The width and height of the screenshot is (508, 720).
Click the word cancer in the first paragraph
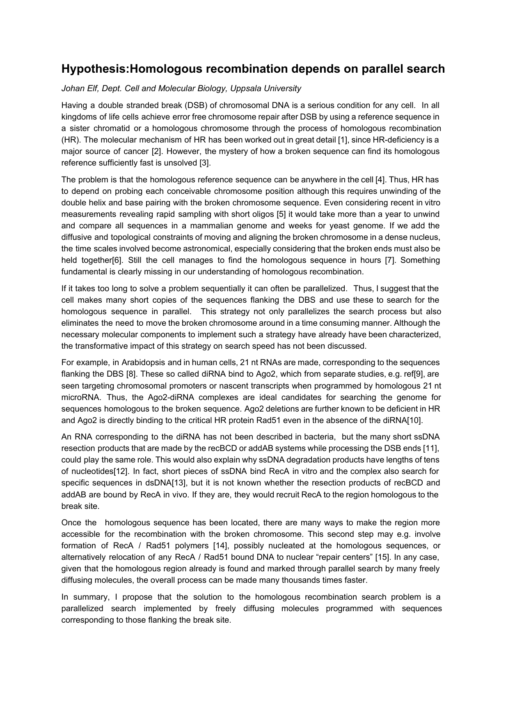click(136, 151)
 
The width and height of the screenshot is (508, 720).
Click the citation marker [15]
click(384, 557)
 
